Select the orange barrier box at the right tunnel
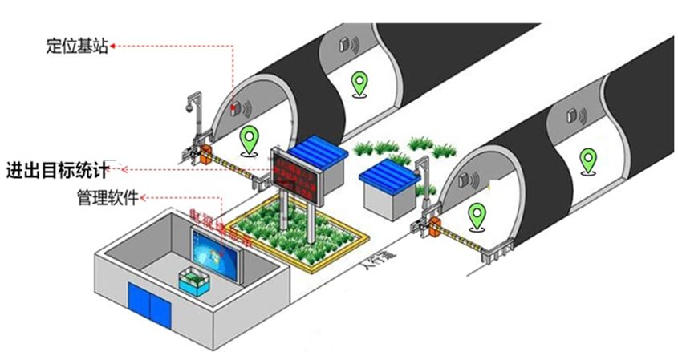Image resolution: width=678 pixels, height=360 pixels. tap(436, 227)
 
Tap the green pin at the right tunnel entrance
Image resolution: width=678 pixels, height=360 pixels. tap(479, 216)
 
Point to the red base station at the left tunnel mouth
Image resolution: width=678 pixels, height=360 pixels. tap(233, 105)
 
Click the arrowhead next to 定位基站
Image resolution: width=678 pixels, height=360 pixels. tap(113, 46)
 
